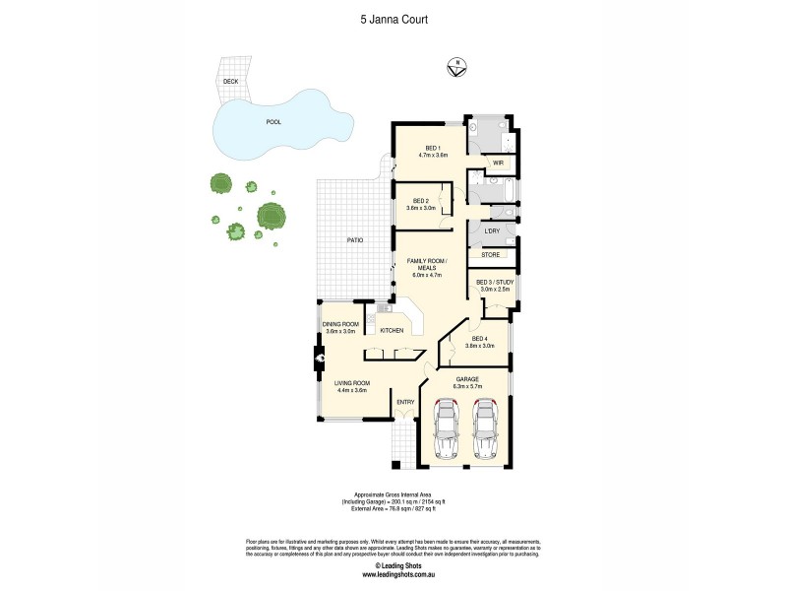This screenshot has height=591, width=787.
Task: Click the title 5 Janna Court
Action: (393, 18)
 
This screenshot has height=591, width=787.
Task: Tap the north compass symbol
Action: (454, 67)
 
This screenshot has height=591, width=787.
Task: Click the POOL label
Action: (273, 122)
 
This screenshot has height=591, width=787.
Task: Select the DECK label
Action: (230, 81)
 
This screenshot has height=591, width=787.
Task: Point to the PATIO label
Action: (354, 239)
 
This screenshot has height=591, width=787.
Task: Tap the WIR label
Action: (498, 162)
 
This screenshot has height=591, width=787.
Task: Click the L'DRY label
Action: (493, 231)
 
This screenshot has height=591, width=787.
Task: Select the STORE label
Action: (490, 255)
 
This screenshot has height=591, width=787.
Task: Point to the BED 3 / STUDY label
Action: (495, 283)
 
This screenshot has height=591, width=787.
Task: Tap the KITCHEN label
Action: (392, 330)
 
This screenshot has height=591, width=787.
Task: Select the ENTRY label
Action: (404, 402)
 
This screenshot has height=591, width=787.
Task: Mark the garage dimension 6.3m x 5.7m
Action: (465, 386)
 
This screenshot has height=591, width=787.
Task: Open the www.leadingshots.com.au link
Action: (393, 575)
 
